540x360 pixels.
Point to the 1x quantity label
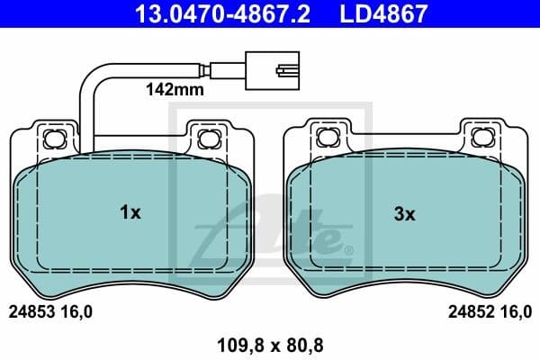pos(130,213)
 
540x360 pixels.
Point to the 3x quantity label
pos(404,213)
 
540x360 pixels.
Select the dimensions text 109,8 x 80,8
pos(271,344)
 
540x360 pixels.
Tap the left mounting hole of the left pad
pos(53,138)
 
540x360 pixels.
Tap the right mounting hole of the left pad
pos(208,138)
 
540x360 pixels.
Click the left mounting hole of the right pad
pos(326,138)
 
